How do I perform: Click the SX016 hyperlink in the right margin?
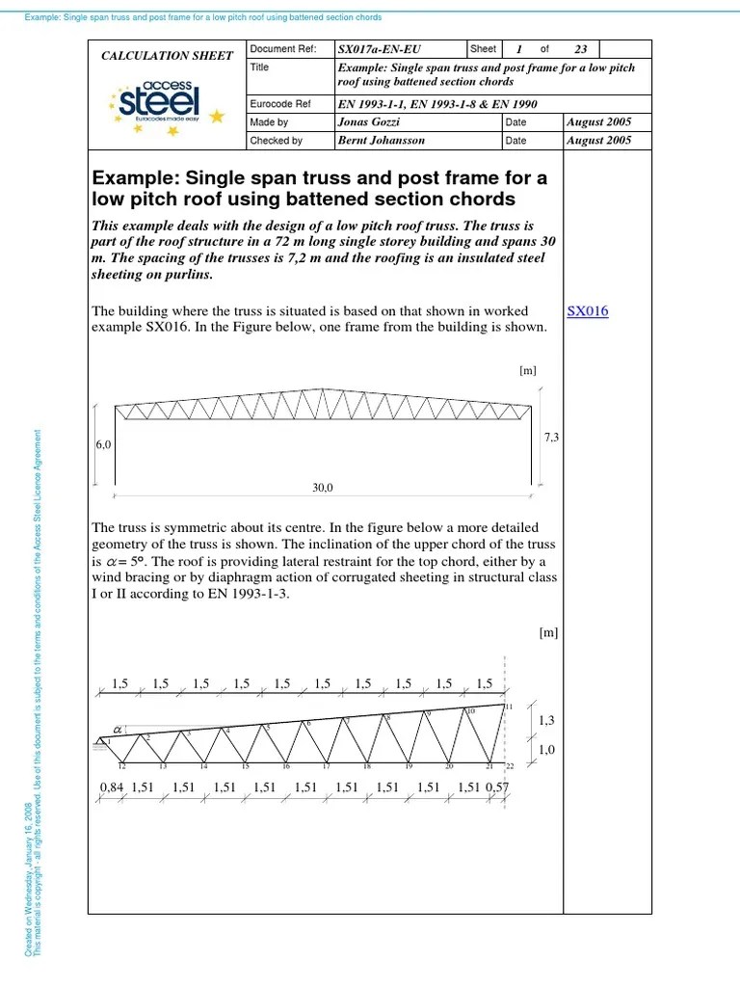[x=588, y=311]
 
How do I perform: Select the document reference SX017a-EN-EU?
[x=380, y=49]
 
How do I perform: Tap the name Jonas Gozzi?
[x=370, y=122]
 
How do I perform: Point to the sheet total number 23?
[x=580, y=49]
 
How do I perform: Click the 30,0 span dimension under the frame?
[x=322, y=488]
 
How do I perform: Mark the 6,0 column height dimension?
[x=103, y=445]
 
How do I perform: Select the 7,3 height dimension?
[x=552, y=438]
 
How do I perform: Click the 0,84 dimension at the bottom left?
[x=112, y=787]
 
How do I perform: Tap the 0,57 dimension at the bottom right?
[x=496, y=787]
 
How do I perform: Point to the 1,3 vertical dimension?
[x=546, y=720]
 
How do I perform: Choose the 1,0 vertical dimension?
[x=546, y=750]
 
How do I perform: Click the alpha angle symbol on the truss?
[x=119, y=731]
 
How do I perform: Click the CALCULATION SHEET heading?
[x=167, y=56]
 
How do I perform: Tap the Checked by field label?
[x=276, y=141]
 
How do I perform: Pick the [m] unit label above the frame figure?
[x=527, y=369]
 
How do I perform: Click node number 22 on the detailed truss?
[x=510, y=766]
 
